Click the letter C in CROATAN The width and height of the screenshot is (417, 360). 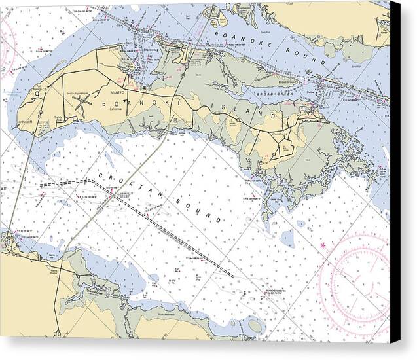tap(100, 175)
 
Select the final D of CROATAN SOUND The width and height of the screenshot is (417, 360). tap(217, 220)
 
